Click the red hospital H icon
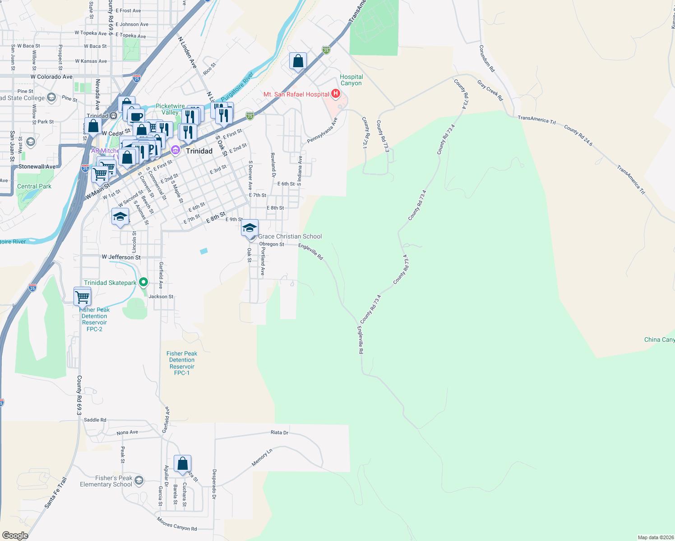pos(335,94)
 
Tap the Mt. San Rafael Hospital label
pos(296,94)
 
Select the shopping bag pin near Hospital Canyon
pos(298,61)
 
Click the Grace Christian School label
pos(290,236)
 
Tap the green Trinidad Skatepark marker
pos(143,283)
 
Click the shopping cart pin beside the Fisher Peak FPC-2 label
pos(82,296)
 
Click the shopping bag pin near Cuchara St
pos(182,463)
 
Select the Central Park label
pos(34,186)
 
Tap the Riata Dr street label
pos(279,432)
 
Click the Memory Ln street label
pos(262,457)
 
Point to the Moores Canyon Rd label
pos(177,524)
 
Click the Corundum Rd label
pos(487,59)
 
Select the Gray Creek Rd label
pos(490,90)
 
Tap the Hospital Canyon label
pos(351,80)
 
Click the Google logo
pos(15,535)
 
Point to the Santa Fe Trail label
pos(55,493)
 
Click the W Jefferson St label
pos(121,257)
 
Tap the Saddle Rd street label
pos(95,420)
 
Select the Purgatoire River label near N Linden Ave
pos(237,87)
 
